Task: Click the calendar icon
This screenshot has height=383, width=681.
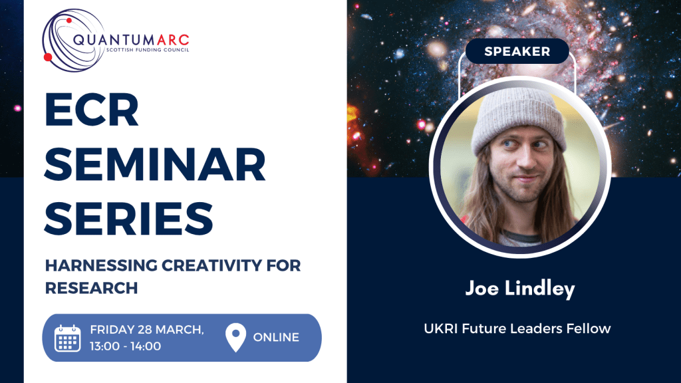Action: pyautogui.click(x=68, y=338)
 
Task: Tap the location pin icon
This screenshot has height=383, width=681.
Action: pyautogui.click(x=236, y=337)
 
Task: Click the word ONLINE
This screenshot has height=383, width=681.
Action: pyautogui.click(x=276, y=337)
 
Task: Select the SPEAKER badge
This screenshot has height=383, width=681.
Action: pyautogui.click(x=517, y=51)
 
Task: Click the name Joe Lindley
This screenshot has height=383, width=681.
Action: pyautogui.click(x=520, y=289)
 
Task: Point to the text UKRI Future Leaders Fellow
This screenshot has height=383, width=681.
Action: pyautogui.click(x=517, y=328)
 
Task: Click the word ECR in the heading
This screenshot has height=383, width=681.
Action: pyautogui.click(x=92, y=110)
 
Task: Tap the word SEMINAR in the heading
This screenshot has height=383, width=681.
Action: pyautogui.click(x=155, y=164)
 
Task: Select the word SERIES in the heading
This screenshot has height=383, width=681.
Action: pyautogui.click(x=129, y=218)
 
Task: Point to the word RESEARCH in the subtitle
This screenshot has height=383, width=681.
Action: pyautogui.click(x=92, y=288)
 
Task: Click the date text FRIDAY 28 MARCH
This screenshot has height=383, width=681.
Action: pyautogui.click(x=147, y=330)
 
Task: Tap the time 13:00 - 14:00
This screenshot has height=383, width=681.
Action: pyautogui.click(x=126, y=346)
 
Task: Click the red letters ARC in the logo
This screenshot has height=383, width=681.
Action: pyautogui.click(x=173, y=41)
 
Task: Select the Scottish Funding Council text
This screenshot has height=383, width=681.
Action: pyautogui.click(x=148, y=50)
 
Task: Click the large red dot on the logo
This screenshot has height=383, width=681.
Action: pyautogui.click(x=48, y=57)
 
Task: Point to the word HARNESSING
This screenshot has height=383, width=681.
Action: pyautogui.click(x=101, y=265)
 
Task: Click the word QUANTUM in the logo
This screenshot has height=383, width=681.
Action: pyautogui.click(x=114, y=41)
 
